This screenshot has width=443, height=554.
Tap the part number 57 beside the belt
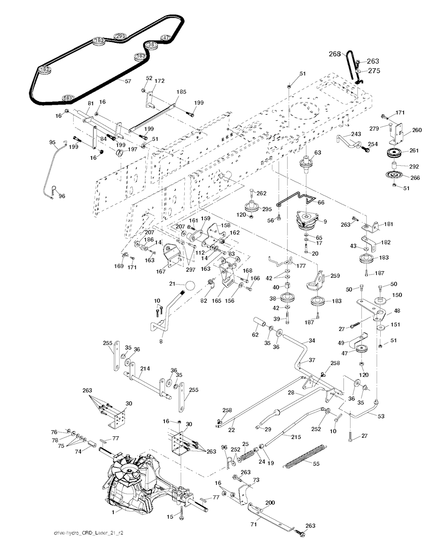pos(128,81)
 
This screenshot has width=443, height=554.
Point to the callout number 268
pos(335,54)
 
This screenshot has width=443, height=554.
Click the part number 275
pos(374,71)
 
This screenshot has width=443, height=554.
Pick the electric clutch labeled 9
pos(308,220)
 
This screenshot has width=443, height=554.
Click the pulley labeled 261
pos(395,153)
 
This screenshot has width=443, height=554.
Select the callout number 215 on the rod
pos(295,437)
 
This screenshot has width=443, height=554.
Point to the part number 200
pos(270,503)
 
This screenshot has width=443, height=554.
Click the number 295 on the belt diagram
pos(120,36)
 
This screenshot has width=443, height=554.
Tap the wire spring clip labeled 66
pos(299,199)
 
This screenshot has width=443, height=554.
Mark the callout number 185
pos(181,92)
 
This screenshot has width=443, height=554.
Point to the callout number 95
pos(52,142)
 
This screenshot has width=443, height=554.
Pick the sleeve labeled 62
pos(261,323)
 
